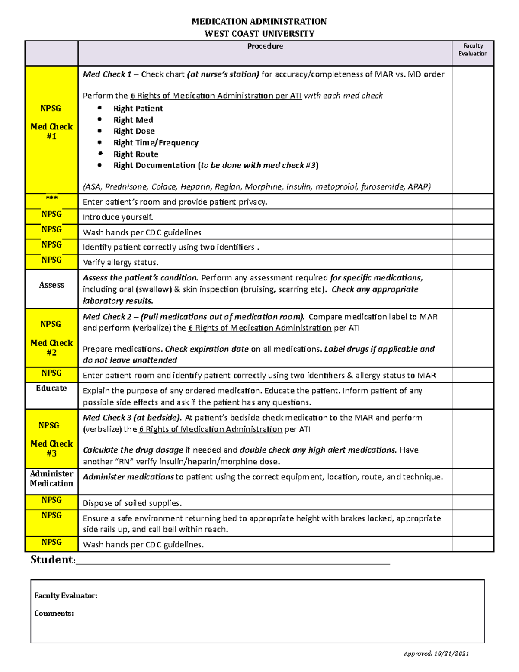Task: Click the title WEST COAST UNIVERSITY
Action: (x=259, y=34)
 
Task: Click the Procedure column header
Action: (x=265, y=46)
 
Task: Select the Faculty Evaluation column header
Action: (x=473, y=50)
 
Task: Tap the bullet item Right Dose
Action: (x=134, y=131)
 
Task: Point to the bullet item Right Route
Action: (x=136, y=154)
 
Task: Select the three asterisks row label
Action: (x=51, y=198)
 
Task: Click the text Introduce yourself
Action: (x=118, y=217)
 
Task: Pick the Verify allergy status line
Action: (x=121, y=263)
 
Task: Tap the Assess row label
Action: (x=51, y=285)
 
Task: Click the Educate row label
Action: (x=51, y=388)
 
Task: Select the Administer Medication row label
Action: (x=51, y=479)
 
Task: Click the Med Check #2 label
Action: (x=51, y=347)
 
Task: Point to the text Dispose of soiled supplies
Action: (x=132, y=503)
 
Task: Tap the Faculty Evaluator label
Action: (x=66, y=596)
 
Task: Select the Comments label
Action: (x=54, y=614)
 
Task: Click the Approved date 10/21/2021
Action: (x=452, y=653)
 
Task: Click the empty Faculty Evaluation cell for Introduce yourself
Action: (x=473, y=217)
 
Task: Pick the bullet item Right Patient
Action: (x=138, y=109)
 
